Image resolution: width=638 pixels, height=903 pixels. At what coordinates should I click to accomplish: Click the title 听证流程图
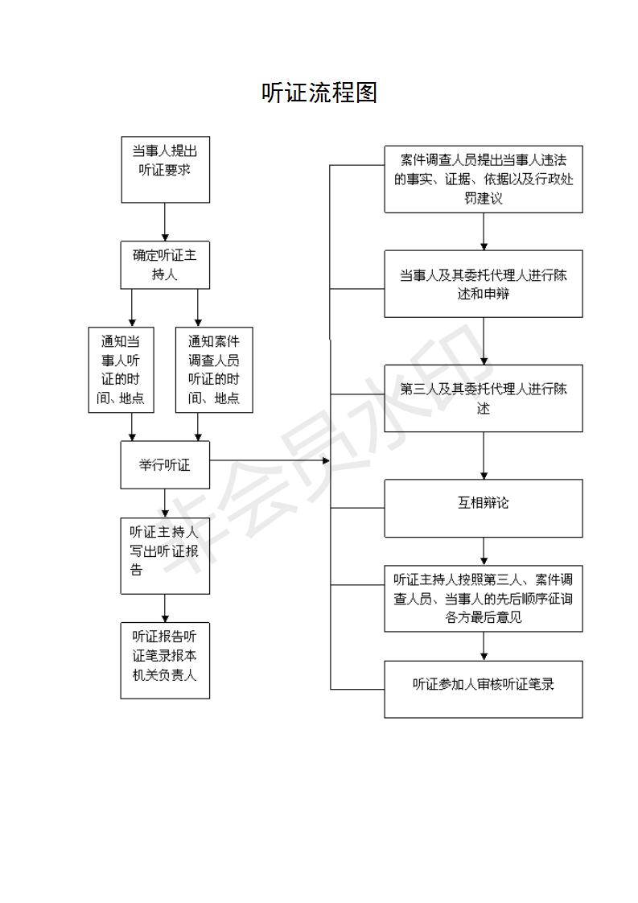coord(319,93)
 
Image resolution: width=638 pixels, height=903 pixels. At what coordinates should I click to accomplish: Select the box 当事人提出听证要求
coord(165,169)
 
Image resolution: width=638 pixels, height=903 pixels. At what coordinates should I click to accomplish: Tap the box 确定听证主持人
coord(165,265)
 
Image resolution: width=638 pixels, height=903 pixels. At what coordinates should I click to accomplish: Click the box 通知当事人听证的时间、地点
coord(121,369)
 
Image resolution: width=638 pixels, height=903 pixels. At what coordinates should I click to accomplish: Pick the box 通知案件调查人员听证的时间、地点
coord(214,369)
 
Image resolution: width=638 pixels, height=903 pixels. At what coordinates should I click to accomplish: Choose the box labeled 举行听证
coord(165,464)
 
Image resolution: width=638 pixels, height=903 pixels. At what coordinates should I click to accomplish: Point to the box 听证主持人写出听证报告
coord(165,556)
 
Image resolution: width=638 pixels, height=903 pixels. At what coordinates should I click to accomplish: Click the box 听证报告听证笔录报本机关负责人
coord(165,661)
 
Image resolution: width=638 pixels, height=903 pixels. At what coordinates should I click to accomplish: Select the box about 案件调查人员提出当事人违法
coord(484,179)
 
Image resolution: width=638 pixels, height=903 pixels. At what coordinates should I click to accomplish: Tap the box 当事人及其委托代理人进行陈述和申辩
coord(484,283)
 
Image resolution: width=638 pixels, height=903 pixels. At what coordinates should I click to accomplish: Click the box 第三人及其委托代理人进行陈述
coord(484,398)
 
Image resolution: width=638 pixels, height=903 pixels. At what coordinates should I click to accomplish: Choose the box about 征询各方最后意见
coord(484,598)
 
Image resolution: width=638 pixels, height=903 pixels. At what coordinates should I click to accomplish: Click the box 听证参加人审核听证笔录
coord(484,689)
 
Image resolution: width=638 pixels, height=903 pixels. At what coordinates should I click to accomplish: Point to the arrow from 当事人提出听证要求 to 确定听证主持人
coord(165,221)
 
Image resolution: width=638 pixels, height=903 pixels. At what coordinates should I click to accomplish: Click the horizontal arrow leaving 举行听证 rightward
coord(270,460)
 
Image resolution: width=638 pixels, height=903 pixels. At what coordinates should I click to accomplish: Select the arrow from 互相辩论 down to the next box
coord(484,551)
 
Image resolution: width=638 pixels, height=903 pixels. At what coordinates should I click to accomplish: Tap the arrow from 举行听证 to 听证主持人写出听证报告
coord(165,503)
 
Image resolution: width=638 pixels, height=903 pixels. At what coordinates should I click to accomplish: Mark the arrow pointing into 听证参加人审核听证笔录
coord(484,646)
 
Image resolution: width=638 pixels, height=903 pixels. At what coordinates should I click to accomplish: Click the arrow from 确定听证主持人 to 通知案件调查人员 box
coord(198,307)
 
